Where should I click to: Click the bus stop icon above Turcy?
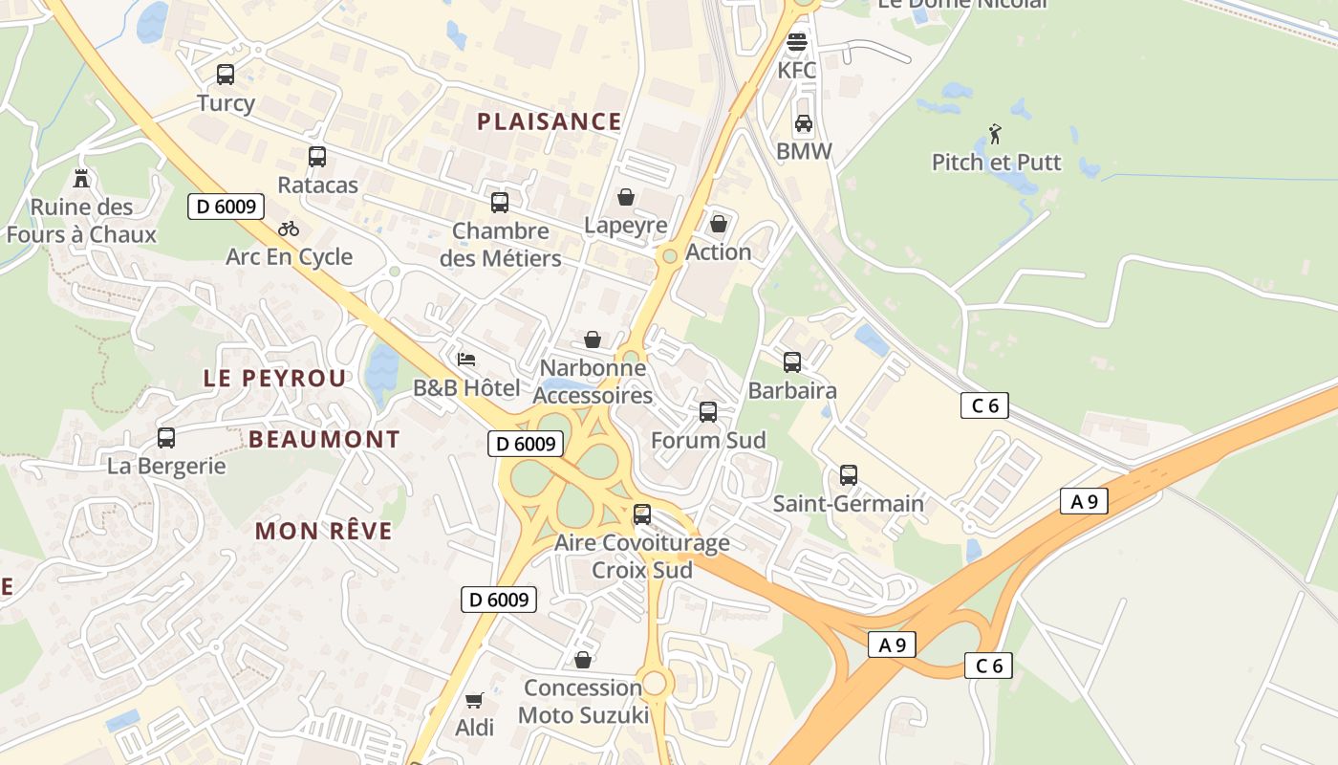226,74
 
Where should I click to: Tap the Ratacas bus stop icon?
317,157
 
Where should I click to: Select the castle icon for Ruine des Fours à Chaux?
80,178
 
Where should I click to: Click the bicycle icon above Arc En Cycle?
289,229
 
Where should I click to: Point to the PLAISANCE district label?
550,121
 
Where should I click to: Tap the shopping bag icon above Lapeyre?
626,197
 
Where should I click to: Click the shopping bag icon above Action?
719,224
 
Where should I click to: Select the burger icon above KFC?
797,43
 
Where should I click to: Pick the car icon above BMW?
804,123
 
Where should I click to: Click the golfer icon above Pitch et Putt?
996,134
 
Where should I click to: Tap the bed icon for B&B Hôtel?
466,360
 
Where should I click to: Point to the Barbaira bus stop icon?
792,362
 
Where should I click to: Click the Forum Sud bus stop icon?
708,412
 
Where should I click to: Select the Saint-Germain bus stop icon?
848,475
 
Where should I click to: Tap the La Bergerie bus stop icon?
166,438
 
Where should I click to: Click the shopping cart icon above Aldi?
474,700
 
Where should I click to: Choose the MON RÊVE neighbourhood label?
324,531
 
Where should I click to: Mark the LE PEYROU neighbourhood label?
275,378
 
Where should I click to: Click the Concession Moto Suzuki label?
583,701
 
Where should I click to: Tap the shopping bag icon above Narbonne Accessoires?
593,339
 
